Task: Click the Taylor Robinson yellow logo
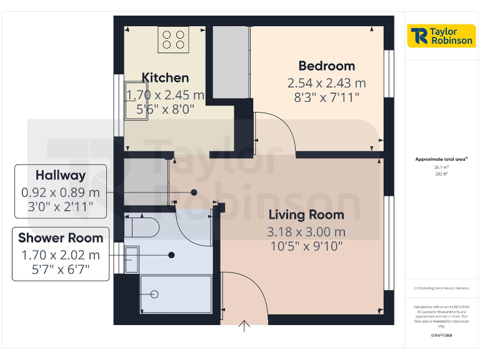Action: (441, 36)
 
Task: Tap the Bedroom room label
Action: (326, 66)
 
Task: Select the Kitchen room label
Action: (165, 78)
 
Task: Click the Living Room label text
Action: (306, 215)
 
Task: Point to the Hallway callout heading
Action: (61, 176)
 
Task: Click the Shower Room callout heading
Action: (61, 238)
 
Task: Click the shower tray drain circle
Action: (154, 294)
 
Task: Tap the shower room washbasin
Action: (131, 259)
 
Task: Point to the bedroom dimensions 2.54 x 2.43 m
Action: (326, 83)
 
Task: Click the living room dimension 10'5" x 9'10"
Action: (306, 246)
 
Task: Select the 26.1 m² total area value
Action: (441, 167)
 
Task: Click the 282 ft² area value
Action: (441, 174)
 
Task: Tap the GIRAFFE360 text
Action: (441, 336)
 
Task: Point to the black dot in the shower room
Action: (171, 255)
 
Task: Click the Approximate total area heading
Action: (441, 159)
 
